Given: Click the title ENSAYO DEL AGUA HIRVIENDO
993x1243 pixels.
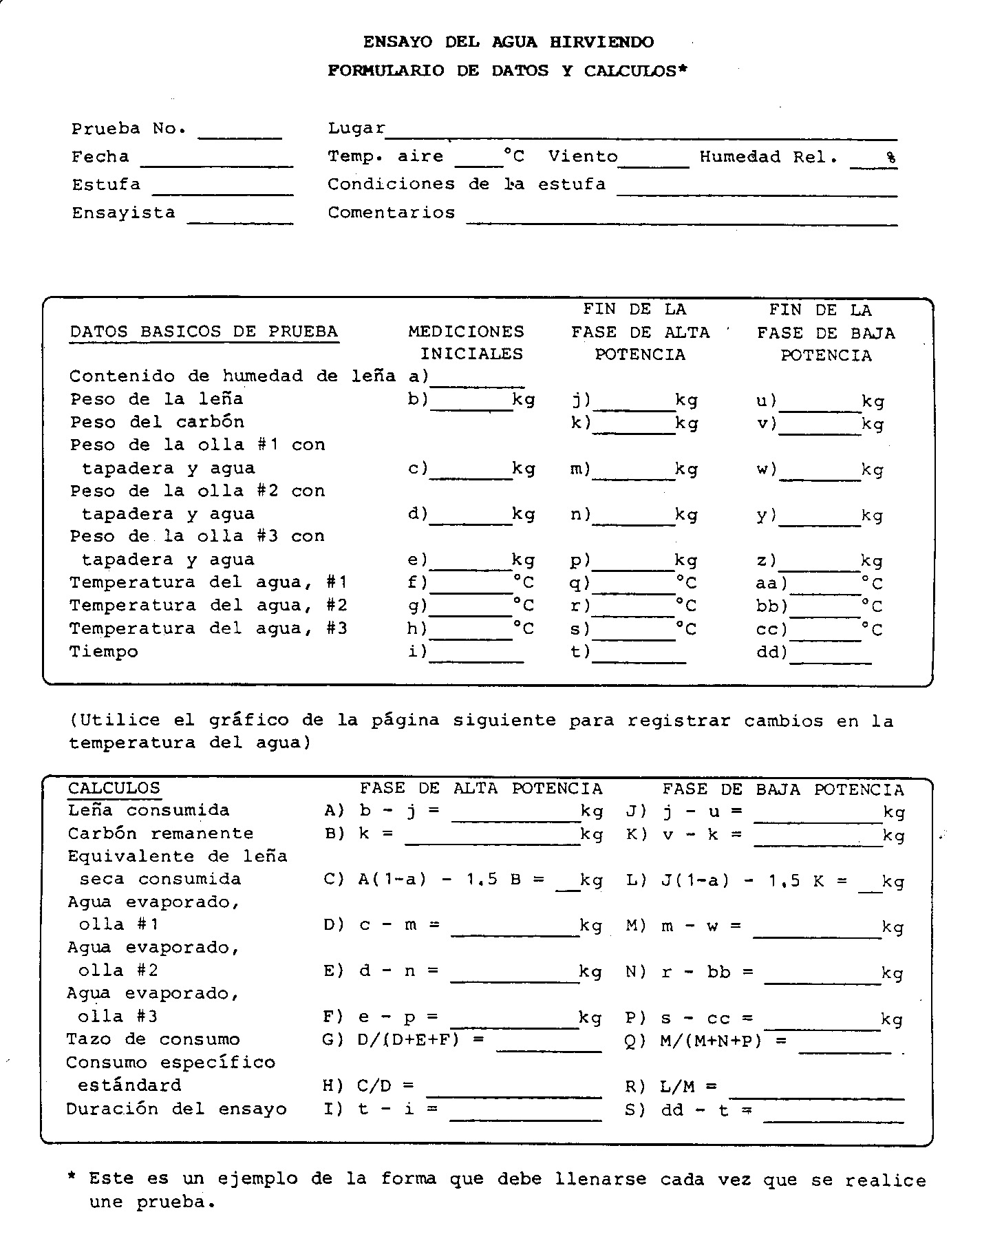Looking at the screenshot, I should click(508, 42).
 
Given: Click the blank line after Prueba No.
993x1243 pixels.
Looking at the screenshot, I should click(239, 134).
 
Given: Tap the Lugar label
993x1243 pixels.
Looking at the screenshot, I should click(356, 129).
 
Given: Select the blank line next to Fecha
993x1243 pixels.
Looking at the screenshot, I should click(217, 162).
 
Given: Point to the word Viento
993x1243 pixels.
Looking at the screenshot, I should click(583, 157).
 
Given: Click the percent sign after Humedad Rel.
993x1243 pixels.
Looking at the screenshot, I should click(891, 158).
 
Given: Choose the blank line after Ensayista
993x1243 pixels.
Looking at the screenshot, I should click(240, 219).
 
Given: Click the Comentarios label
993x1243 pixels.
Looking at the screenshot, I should click(391, 213).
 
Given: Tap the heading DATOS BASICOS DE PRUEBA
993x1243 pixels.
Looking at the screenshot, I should click(204, 332).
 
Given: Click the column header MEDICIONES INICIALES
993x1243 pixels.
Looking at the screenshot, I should click(466, 343).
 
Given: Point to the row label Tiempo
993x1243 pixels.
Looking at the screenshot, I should click(104, 652).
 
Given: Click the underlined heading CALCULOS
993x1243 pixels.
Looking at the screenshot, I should click(114, 789).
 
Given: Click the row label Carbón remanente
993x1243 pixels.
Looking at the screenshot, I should click(160, 833).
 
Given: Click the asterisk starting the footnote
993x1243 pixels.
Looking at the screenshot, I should click(72, 1178).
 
